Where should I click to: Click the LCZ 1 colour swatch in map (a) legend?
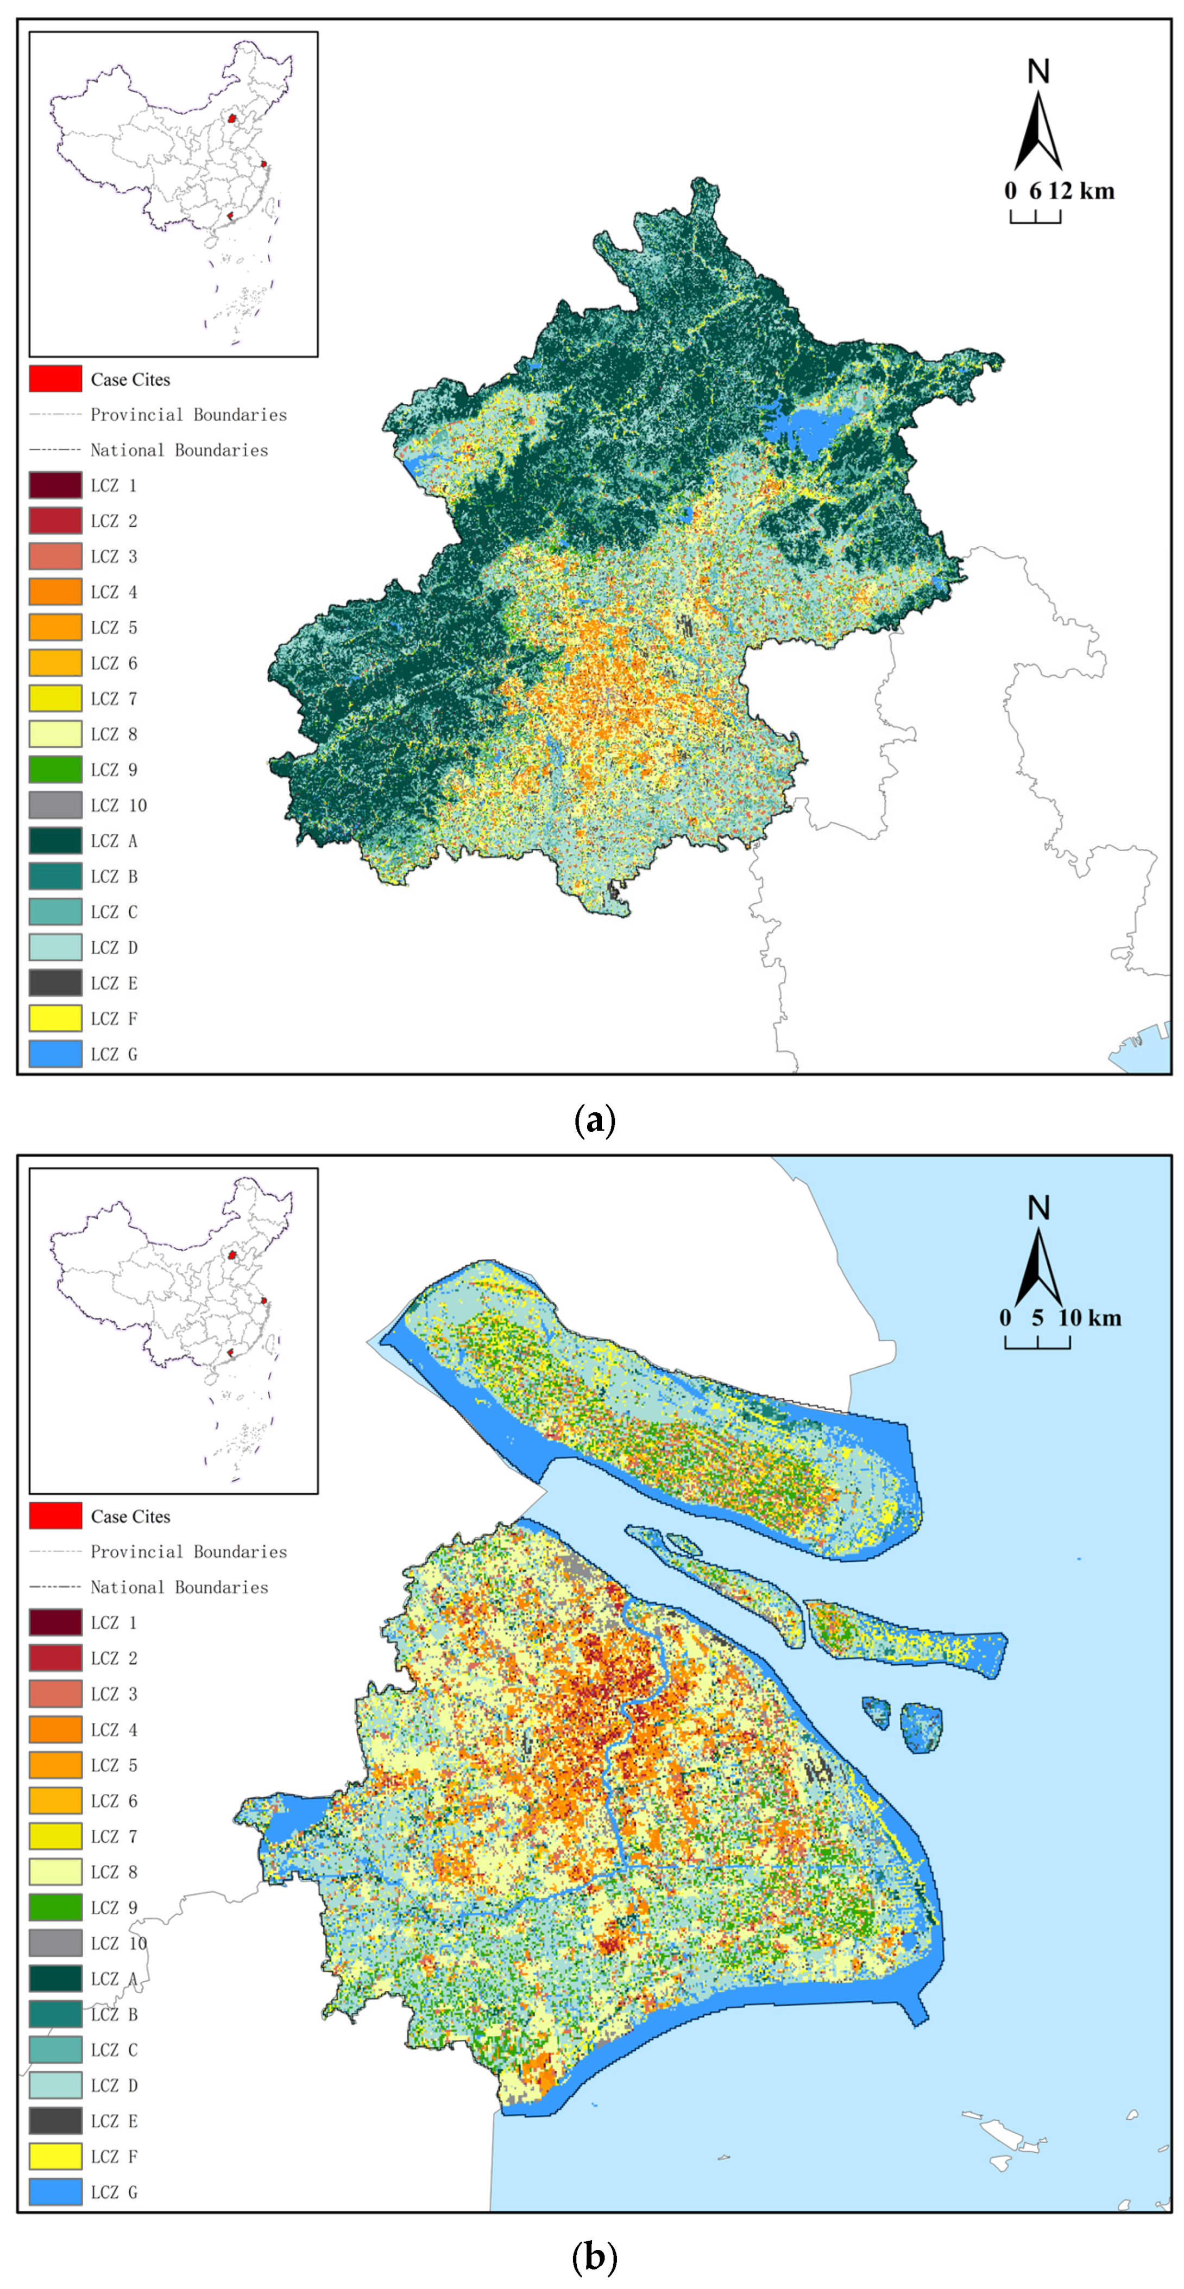pos(55,485)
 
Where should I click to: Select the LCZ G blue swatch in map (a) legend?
pos(55,1054)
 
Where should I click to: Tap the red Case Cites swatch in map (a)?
pos(55,378)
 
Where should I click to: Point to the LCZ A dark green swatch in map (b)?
pos(55,1979)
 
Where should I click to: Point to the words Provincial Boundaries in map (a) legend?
pos(188,415)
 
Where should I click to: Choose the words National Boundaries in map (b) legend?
pos(179,1587)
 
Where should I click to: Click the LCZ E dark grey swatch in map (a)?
pos(55,983)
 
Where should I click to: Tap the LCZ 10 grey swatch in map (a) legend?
pos(55,805)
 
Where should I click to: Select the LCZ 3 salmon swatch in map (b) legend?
pos(55,1694)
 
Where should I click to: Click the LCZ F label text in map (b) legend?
pos(114,2157)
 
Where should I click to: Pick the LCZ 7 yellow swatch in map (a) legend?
pos(55,699)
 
